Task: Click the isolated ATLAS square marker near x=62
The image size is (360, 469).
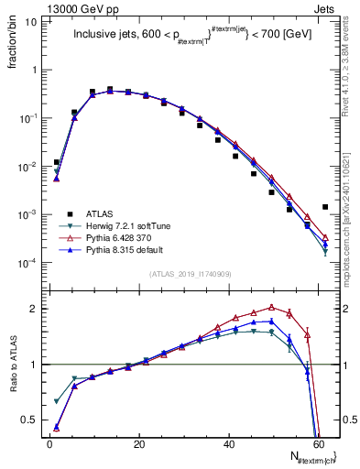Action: pos(325,207)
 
